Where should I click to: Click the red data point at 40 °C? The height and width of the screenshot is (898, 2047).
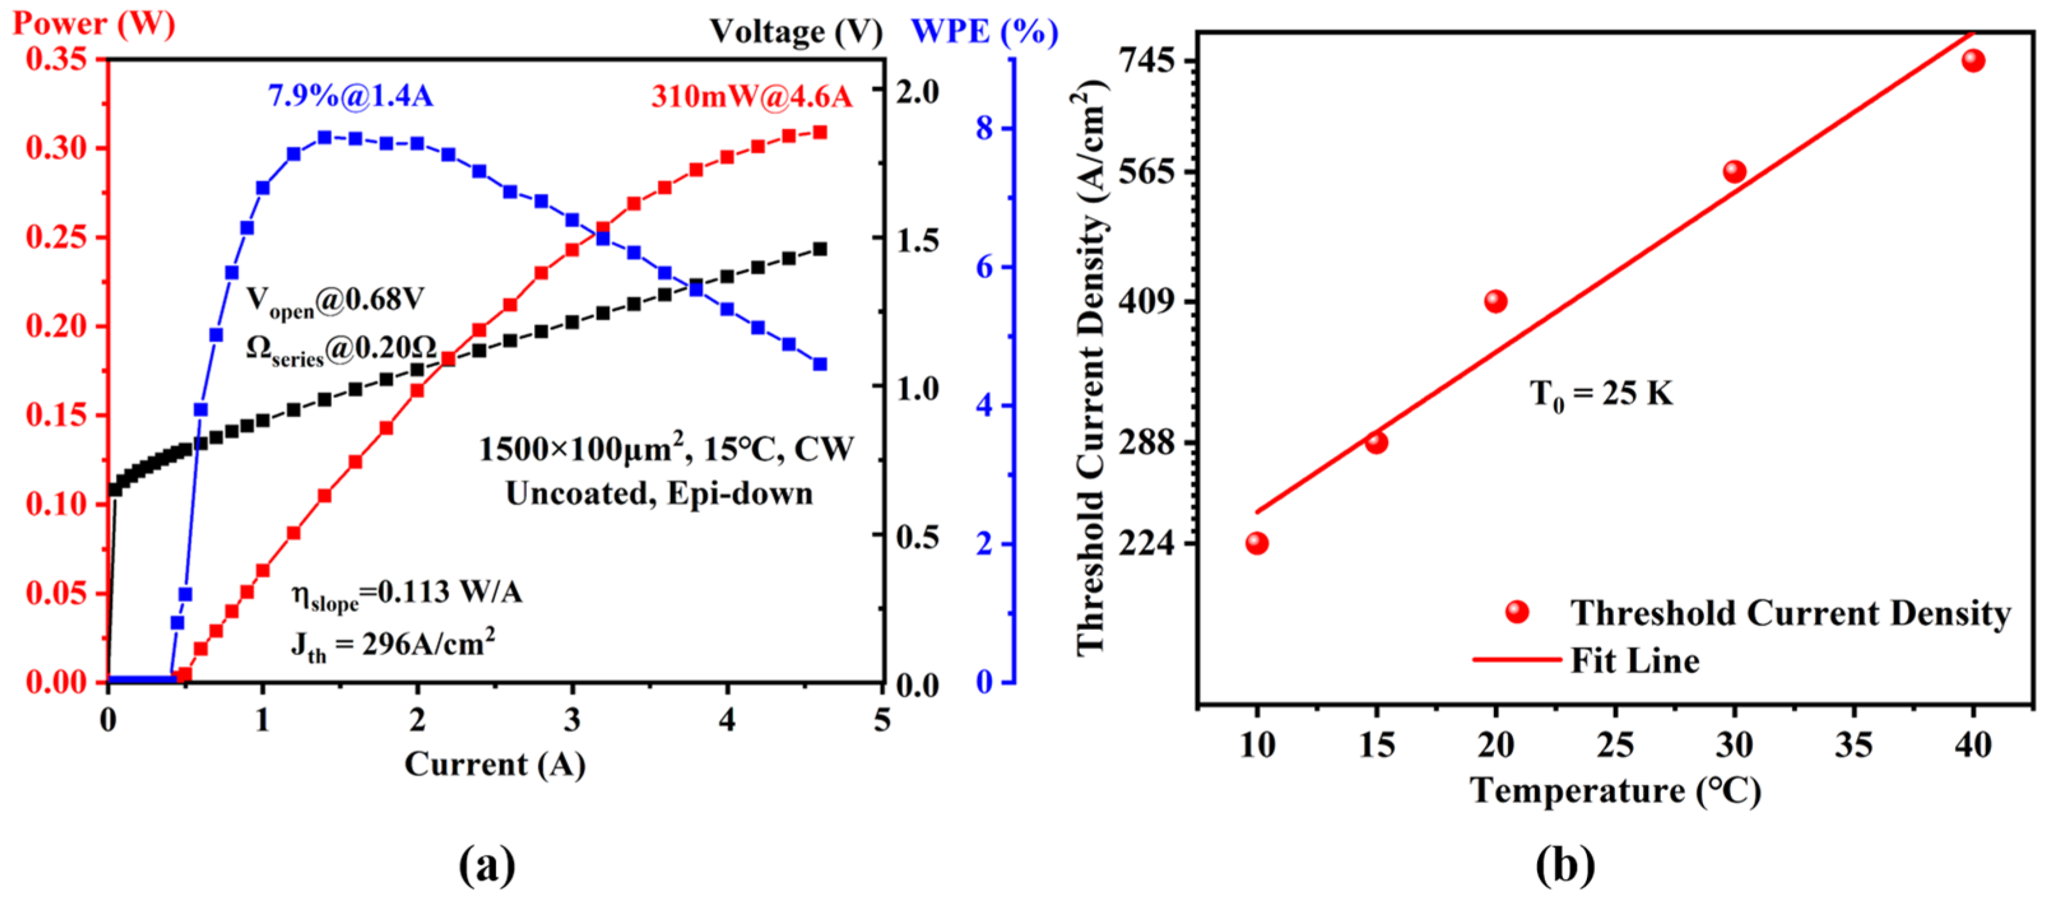1973,61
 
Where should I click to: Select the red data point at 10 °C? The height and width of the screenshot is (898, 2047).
1256,543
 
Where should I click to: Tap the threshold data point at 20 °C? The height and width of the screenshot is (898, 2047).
1495,301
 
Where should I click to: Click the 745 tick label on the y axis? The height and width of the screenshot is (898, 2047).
1147,61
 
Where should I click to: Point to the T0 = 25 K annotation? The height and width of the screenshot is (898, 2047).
1600,394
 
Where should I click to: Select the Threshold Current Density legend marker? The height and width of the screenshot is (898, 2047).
1517,612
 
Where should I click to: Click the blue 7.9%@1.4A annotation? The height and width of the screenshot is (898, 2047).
350,96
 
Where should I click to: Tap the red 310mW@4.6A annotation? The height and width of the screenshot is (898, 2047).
751,97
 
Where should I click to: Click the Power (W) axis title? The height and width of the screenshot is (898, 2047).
94,24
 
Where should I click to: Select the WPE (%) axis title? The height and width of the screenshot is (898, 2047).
984,32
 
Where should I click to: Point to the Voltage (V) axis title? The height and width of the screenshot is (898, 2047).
796,32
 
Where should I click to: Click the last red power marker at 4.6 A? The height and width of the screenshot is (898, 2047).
820,132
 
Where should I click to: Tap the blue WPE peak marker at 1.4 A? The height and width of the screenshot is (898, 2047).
324,138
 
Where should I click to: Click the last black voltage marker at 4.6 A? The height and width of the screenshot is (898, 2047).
820,250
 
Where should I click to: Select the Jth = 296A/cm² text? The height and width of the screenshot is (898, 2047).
393,645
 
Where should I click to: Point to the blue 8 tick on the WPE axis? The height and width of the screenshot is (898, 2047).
984,128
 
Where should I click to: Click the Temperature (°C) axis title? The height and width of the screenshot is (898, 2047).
1614,791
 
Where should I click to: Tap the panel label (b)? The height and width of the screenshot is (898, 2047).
1565,865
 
